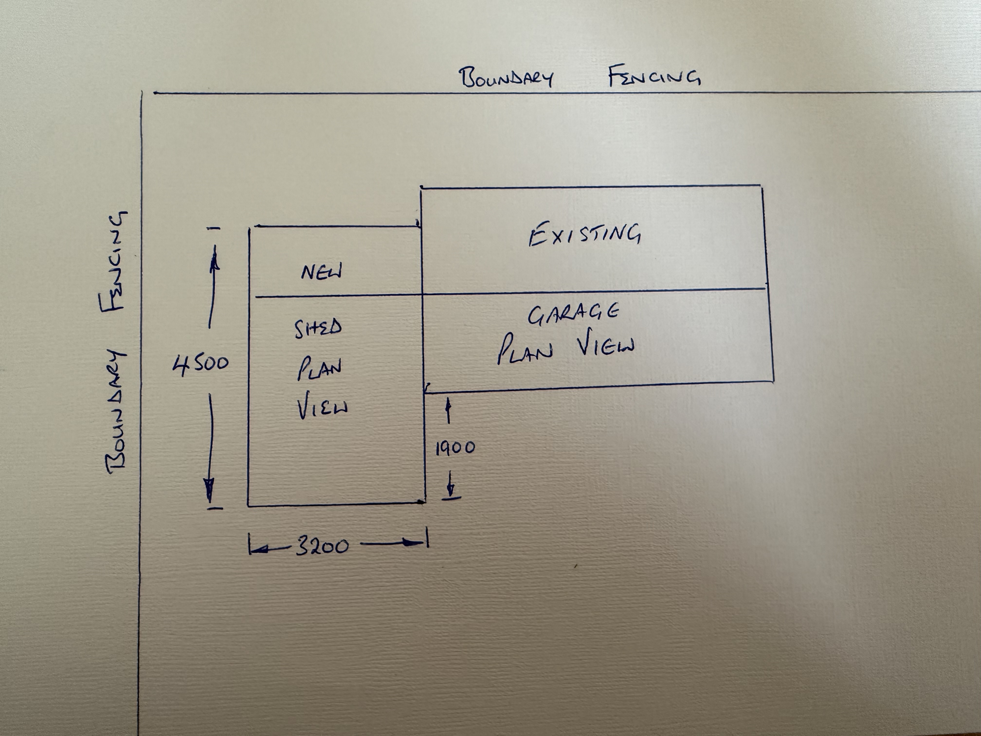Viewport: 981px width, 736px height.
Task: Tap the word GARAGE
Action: pyautogui.click(x=573, y=314)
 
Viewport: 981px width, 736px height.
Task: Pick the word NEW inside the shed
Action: pyautogui.click(x=322, y=272)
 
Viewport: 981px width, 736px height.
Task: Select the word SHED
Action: pyautogui.click(x=318, y=328)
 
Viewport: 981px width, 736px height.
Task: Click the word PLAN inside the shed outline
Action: pyautogui.click(x=319, y=369)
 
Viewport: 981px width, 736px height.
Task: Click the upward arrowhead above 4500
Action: pyautogui.click(x=215, y=263)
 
